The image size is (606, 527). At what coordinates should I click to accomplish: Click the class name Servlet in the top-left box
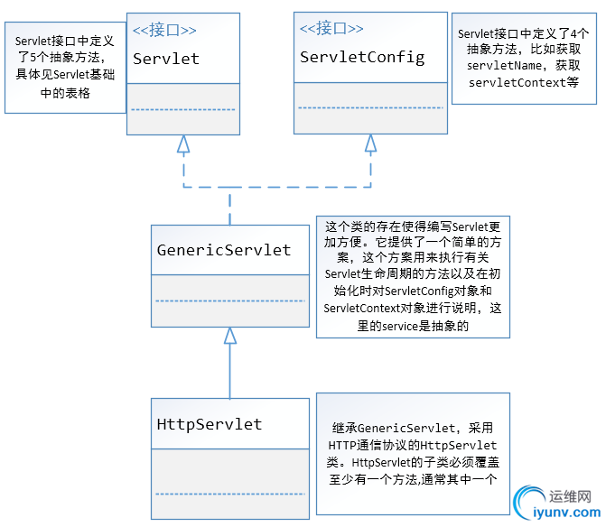166,59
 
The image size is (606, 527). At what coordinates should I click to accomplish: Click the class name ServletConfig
362,58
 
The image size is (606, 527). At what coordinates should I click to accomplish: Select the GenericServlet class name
224,250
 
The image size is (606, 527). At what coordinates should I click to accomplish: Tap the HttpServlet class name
210,424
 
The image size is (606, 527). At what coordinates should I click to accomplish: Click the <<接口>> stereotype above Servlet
164,30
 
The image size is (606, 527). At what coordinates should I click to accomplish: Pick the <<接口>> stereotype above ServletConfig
331,28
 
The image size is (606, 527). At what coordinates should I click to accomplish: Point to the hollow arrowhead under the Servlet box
183,143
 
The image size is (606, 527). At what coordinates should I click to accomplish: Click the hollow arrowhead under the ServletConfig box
370,143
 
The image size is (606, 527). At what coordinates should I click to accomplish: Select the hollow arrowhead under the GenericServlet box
230,335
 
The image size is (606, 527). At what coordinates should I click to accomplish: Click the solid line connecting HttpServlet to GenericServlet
230,371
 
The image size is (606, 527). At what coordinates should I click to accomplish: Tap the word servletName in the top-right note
504,66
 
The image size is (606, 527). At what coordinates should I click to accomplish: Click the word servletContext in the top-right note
517,83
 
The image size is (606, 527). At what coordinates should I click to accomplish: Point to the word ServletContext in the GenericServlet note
361,308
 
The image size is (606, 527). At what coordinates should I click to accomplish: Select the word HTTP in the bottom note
342,445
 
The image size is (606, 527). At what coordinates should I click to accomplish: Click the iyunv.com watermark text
566,513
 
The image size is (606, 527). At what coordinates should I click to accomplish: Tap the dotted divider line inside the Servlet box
183,110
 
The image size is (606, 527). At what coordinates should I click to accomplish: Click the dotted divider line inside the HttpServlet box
230,494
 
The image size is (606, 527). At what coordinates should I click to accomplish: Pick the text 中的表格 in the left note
65,93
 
